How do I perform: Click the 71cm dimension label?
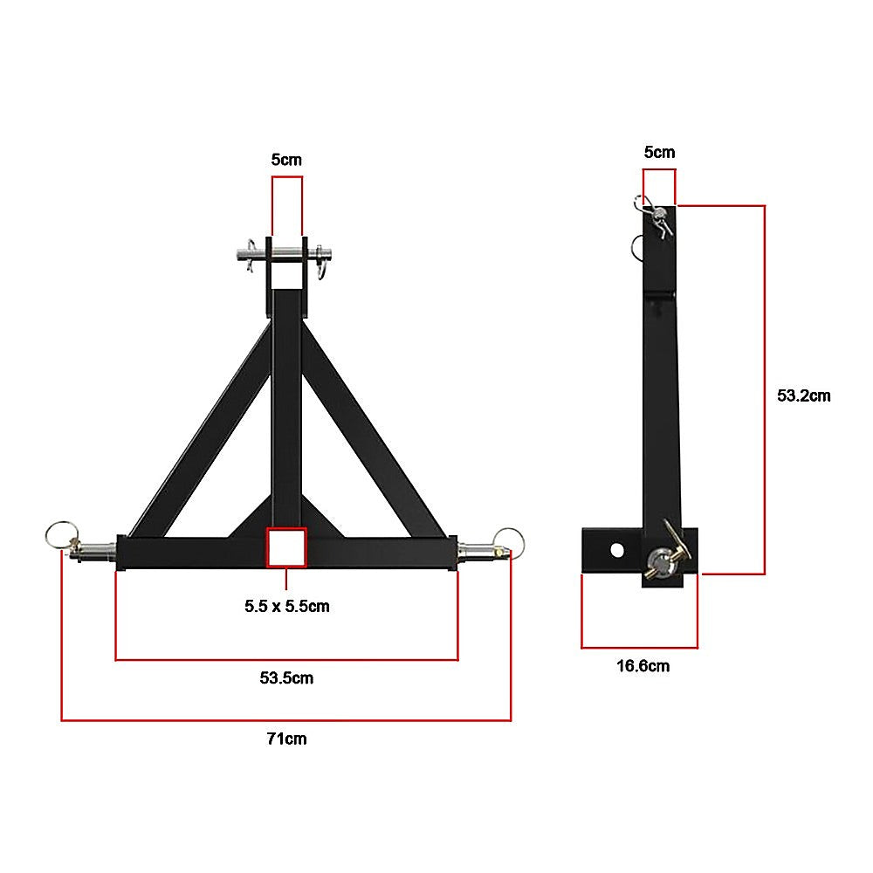(286, 739)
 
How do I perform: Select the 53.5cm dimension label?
(286, 677)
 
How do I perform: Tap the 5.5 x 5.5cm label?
(286, 606)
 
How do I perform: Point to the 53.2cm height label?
(803, 395)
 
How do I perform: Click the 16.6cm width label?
(643, 666)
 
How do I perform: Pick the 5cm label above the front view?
(287, 160)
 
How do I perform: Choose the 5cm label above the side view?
(659, 152)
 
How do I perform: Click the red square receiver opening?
(287, 547)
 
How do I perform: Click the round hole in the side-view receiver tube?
(617, 550)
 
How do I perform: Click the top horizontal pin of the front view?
(286, 256)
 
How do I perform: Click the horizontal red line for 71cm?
(286, 720)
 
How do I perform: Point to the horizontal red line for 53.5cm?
(286, 659)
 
